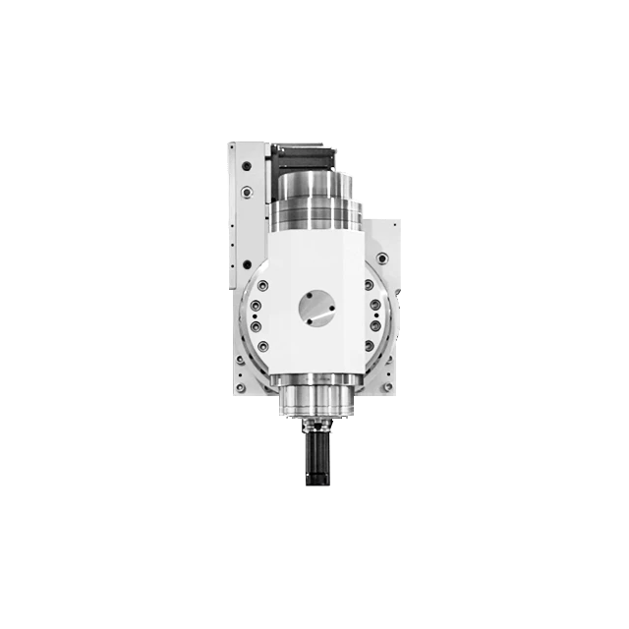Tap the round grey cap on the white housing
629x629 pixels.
point(317,311)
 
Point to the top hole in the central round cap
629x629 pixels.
point(316,295)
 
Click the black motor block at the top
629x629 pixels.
point(304,153)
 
